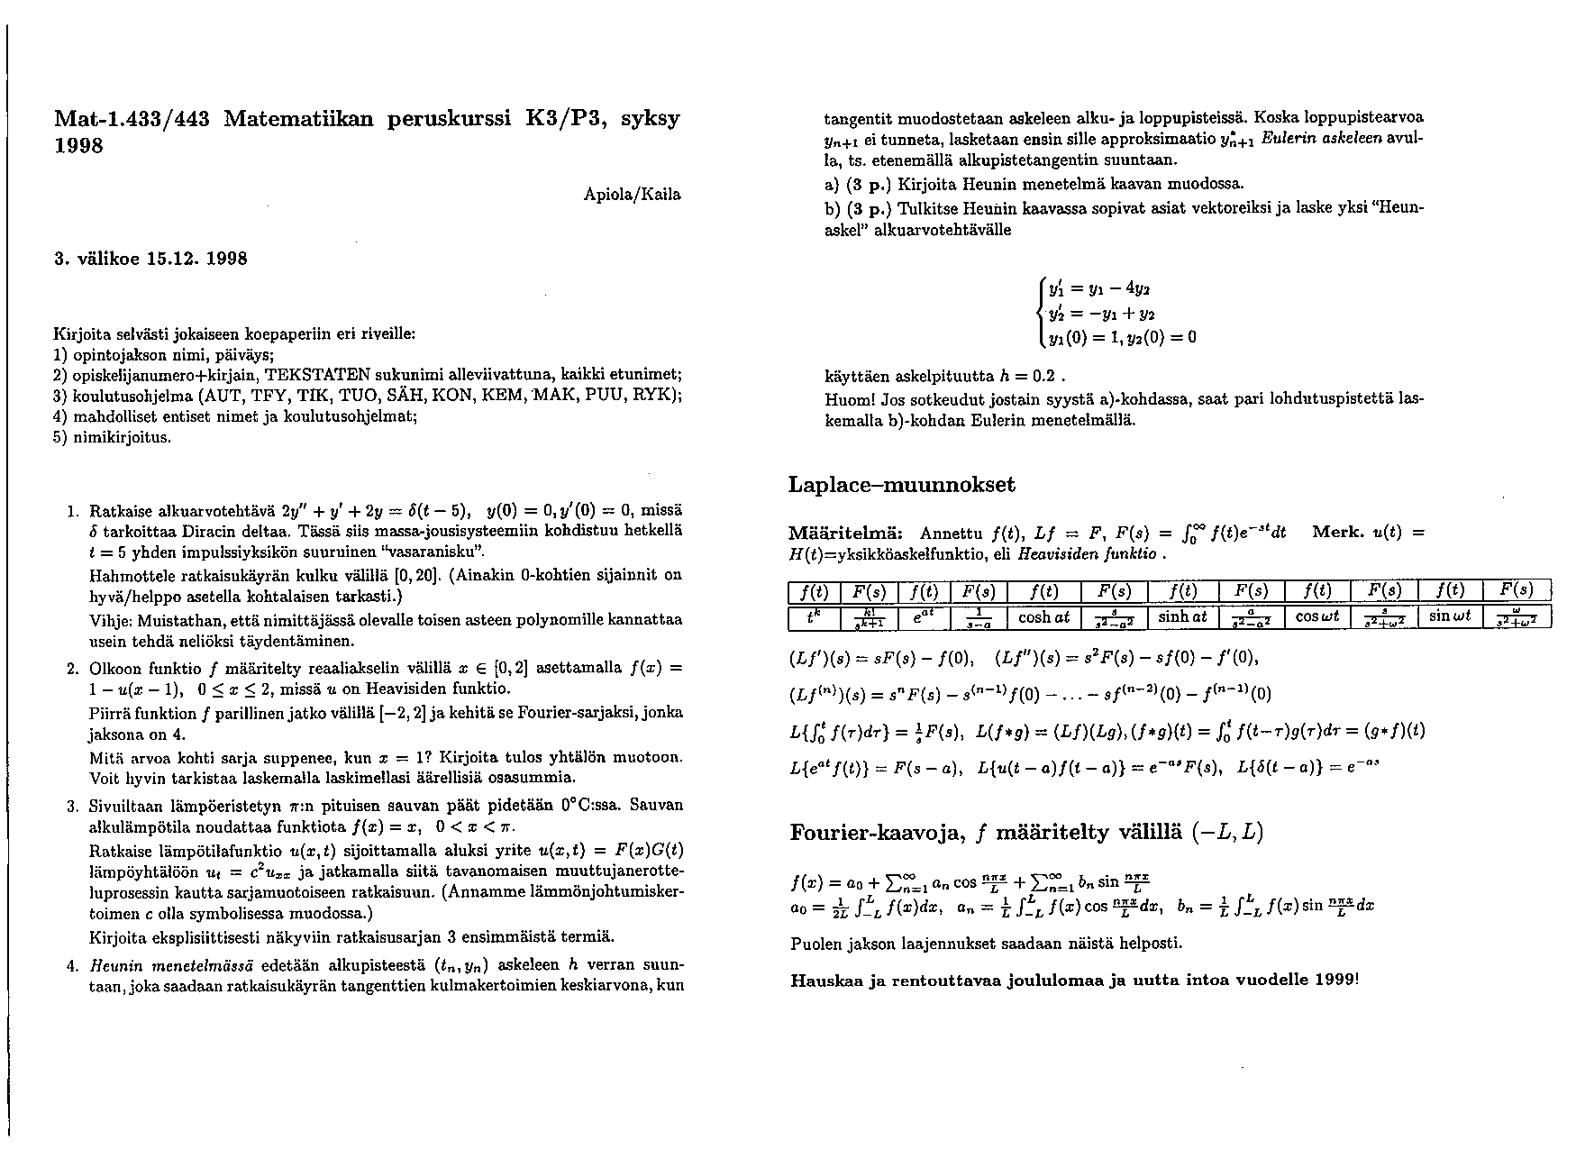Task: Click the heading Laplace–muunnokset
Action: (x=901, y=485)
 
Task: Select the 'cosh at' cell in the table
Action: (x=1043, y=617)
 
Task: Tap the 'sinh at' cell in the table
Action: (x=1182, y=617)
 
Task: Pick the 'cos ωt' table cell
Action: (x=1317, y=617)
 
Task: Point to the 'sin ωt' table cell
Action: (x=1451, y=617)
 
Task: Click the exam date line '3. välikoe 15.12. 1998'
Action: (x=150, y=259)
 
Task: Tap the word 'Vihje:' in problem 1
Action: (x=111, y=620)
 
